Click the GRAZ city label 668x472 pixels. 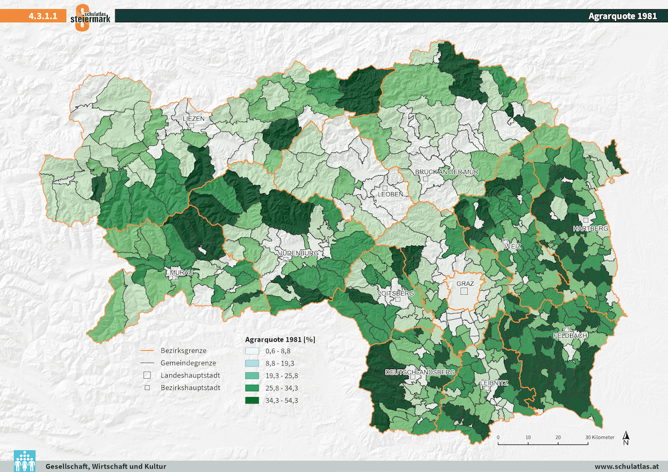[x=465, y=283]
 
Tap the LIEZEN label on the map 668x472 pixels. [x=194, y=118]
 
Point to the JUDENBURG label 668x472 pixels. [x=299, y=253]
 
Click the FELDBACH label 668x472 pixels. [x=570, y=336]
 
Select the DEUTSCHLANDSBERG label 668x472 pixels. [x=420, y=372]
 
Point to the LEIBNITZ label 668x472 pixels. [x=493, y=383]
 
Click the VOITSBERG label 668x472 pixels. [x=397, y=293]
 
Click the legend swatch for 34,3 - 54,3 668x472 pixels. [x=253, y=401]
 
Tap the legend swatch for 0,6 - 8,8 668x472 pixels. [x=253, y=351]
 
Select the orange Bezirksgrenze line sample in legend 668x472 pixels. [x=148, y=351]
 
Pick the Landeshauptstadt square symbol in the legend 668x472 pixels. [x=148, y=375]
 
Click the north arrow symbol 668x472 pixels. [x=626, y=437]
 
